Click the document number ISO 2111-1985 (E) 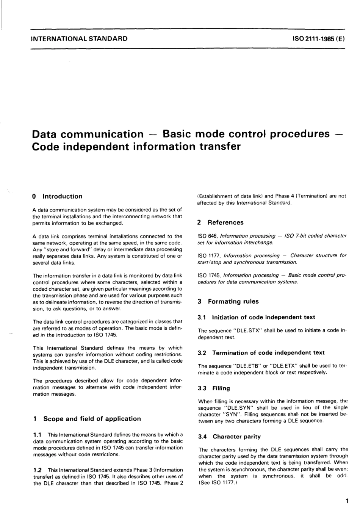(318, 39)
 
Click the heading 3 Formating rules (228, 302)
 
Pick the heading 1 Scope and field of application (87, 419)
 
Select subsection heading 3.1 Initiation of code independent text (257, 317)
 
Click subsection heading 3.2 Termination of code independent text (261, 353)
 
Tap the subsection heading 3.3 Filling (214, 388)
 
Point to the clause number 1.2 (37, 470)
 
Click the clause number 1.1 (37, 435)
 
